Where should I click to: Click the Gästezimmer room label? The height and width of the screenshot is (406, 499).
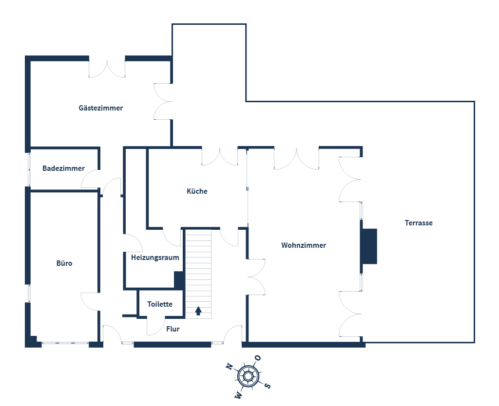(101, 108)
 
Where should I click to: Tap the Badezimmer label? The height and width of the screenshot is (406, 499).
(63, 168)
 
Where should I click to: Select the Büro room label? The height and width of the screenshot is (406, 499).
(64, 263)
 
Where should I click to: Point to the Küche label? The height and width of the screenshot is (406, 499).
(197, 191)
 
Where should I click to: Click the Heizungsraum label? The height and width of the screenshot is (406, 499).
(155, 258)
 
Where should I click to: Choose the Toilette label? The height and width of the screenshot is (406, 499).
(160, 304)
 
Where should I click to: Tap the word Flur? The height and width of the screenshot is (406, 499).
(173, 329)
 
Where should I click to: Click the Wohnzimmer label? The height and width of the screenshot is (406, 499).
(304, 245)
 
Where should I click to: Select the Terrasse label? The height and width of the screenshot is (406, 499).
(419, 223)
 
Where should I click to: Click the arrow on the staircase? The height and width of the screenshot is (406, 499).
(198, 311)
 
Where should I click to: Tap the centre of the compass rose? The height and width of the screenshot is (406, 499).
(248, 376)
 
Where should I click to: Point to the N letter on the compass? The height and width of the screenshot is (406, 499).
(228, 367)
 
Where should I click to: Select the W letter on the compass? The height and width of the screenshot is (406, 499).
(238, 396)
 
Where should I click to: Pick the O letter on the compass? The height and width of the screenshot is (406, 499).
(258, 358)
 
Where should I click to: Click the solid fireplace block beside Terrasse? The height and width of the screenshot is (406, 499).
(369, 246)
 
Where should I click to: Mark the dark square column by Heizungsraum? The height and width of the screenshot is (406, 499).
(179, 280)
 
